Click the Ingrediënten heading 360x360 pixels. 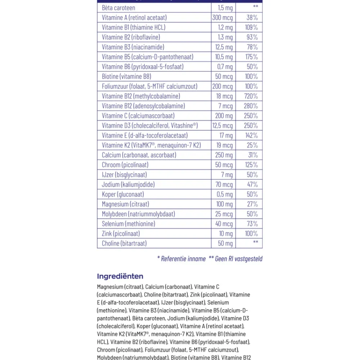tap(120, 276)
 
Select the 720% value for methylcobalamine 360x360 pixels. tap(250, 96)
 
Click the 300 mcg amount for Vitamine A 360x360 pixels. tap(222, 17)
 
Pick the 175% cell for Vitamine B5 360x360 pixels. tap(251, 57)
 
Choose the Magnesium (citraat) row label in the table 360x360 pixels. tap(120, 204)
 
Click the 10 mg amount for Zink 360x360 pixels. tap(226, 234)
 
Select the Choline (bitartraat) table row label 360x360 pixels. tap(124, 243)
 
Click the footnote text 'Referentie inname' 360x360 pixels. tap(183, 258)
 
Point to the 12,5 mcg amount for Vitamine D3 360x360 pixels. tap(222, 126)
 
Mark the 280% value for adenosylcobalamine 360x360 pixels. tap(250, 106)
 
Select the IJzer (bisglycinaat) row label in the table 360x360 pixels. tap(124, 175)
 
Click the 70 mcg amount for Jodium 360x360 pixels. tap(224, 184)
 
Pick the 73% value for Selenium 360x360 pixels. tap(252, 224)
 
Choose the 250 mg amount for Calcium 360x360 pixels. tap(224, 155)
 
